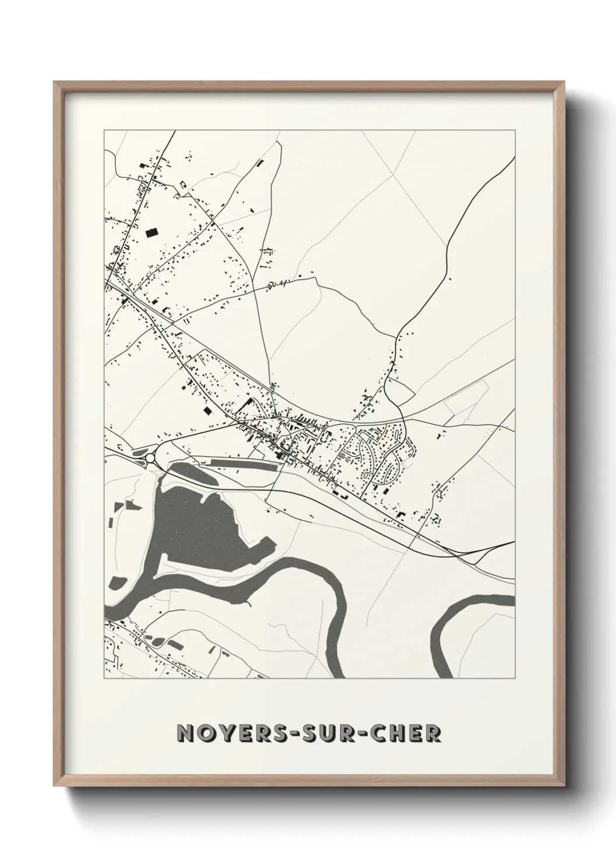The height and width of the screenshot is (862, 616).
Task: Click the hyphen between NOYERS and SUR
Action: (x=282, y=734)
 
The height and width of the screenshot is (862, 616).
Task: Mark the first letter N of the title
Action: (x=186, y=733)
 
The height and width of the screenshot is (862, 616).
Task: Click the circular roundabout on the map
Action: (x=150, y=458)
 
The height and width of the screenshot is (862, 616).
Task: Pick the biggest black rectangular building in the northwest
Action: (x=151, y=232)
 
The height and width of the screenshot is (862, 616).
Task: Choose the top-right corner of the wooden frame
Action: (x=561, y=83)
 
